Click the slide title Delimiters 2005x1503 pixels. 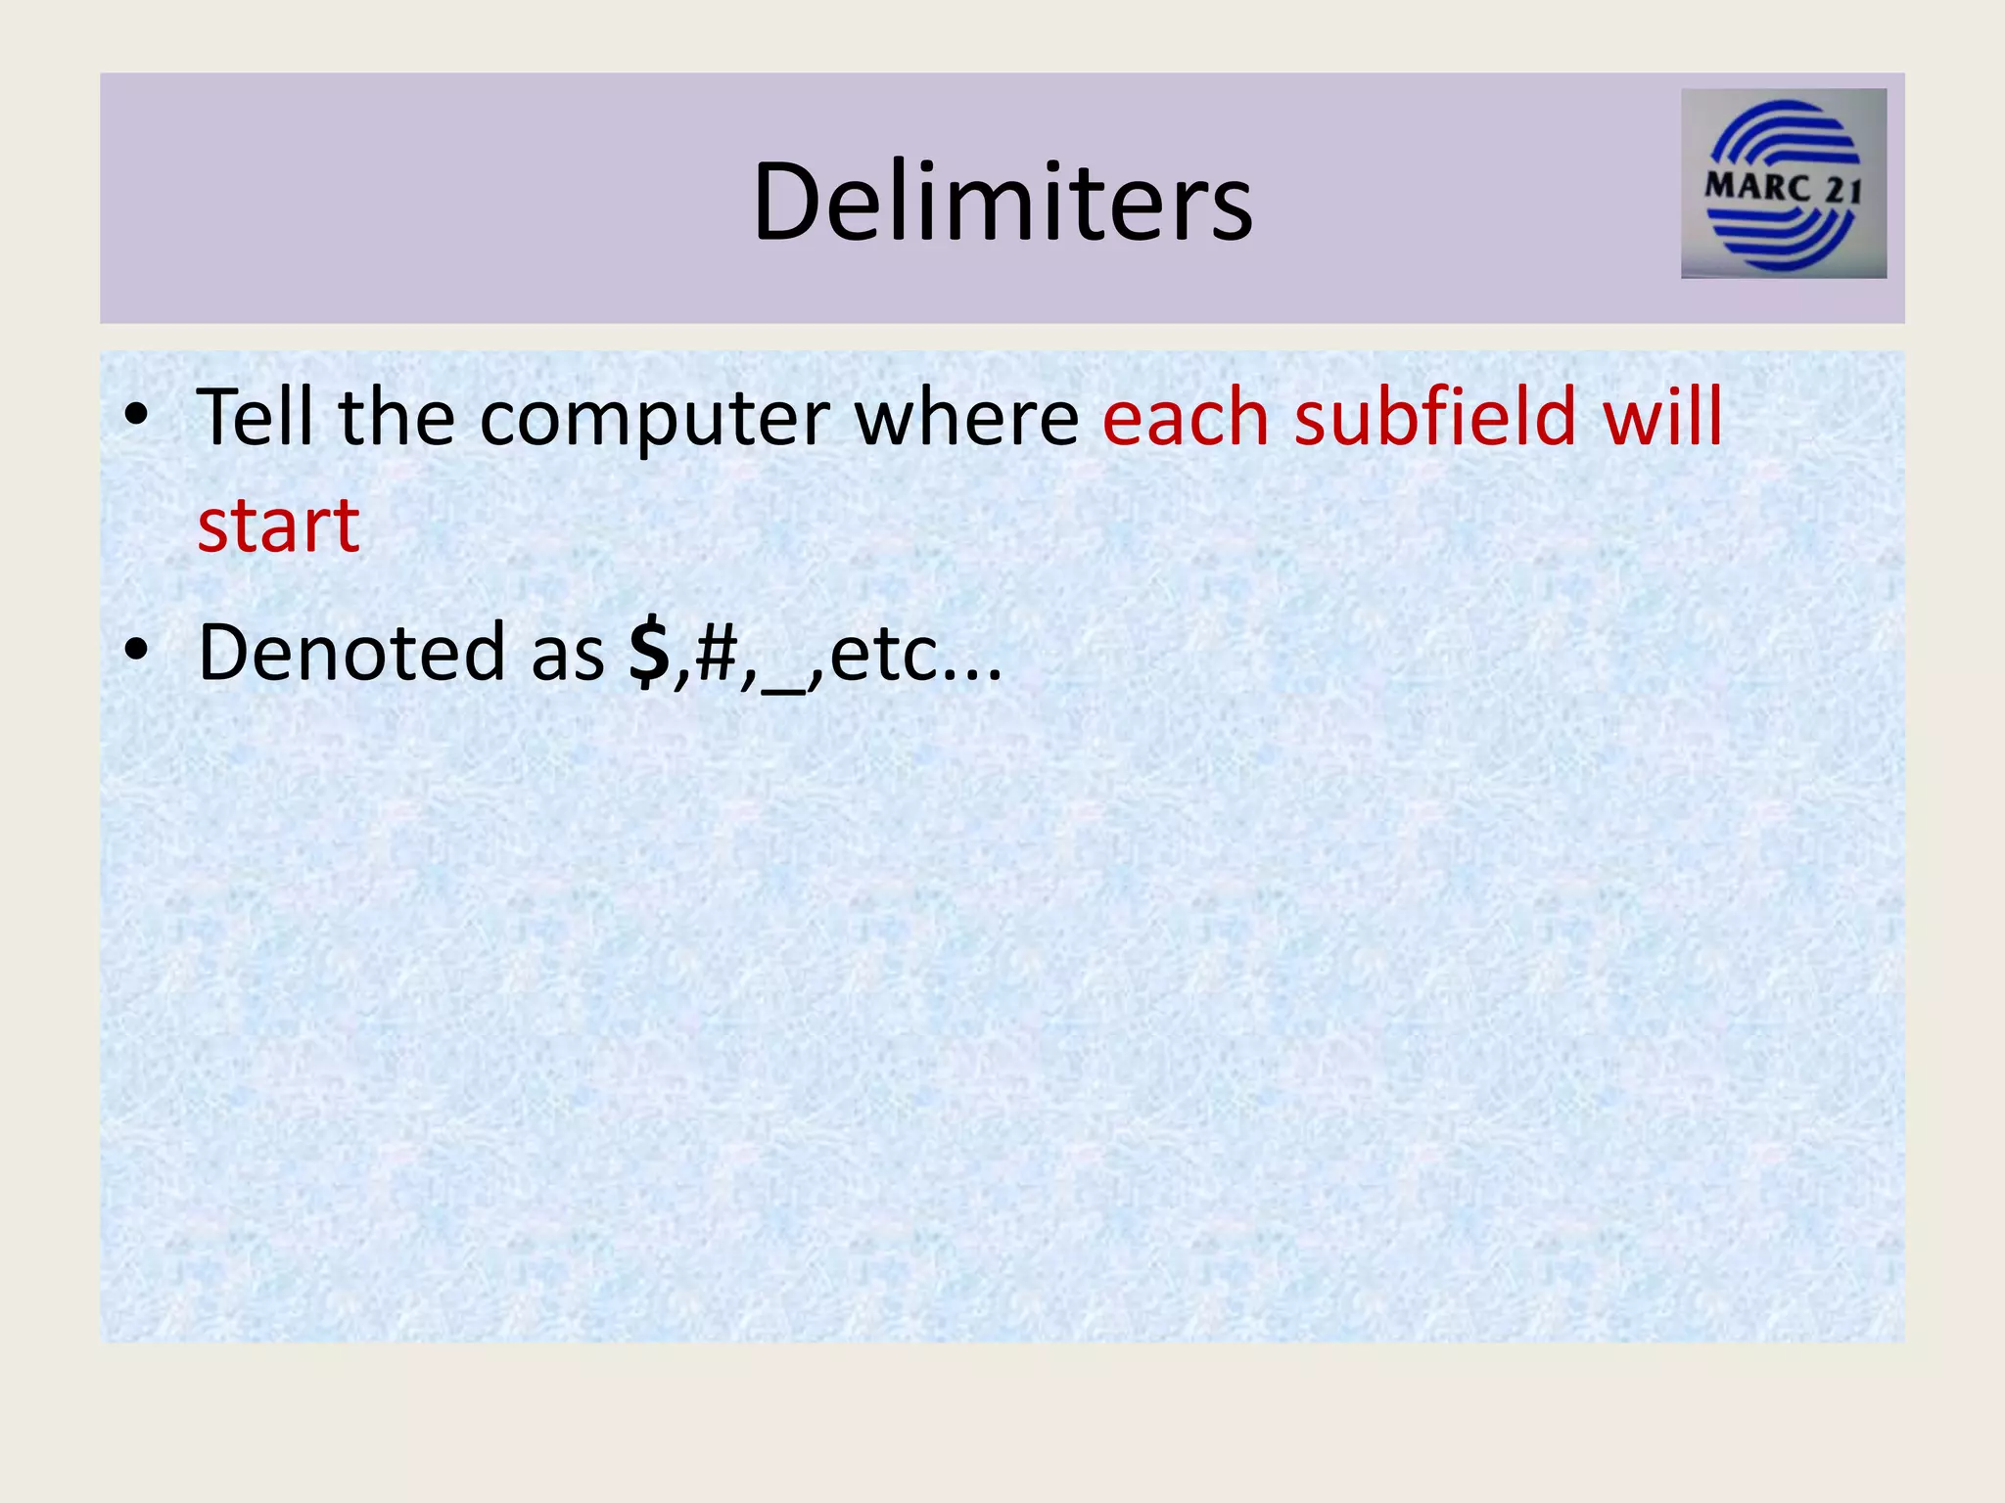click(x=1002, y=203)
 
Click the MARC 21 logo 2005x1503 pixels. click(x=1783, y=184)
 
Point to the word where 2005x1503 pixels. click(x=966, y=418)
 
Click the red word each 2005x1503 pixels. click(x=1186, y=418)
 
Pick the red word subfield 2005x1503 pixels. click(x=1435, y=418)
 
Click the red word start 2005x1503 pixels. click(x=279, y=526)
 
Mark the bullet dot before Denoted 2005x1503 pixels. click(x=137, y=650)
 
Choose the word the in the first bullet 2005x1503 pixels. click(x=396, y=418)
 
